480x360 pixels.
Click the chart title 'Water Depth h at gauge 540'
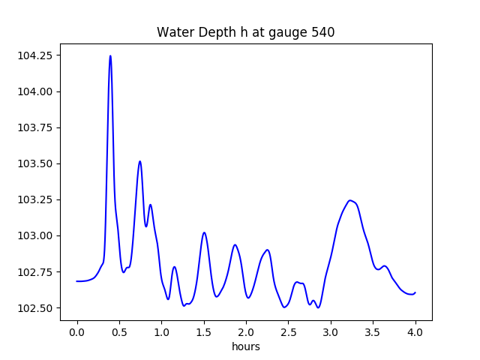point(245,32)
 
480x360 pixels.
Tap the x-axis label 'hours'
point(246,347)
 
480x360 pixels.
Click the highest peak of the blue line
point(110,55)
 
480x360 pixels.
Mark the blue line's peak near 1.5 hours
point(204,232)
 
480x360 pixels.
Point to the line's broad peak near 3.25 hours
point(350,200)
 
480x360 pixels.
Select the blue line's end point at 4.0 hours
point(415,292)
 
